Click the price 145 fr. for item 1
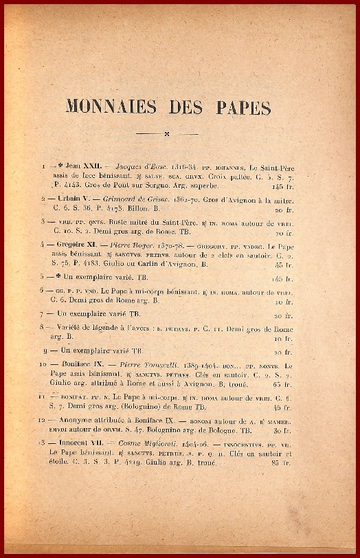(282, 186)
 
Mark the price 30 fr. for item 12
(282, 431)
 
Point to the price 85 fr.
(282, 463)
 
